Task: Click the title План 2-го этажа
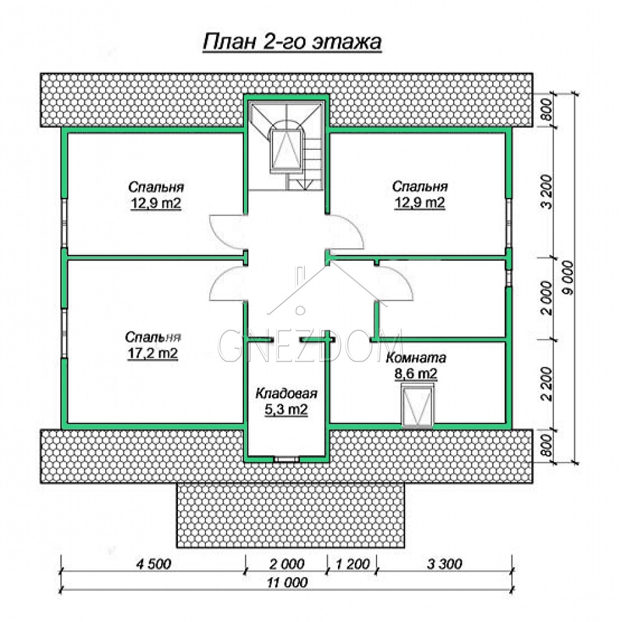[x=292, y=41]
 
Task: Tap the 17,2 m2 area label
[x=152, y=353]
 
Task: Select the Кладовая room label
[x=286, y=393]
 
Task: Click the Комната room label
[x=416, y=358]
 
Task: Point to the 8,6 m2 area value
[x=416, y=373]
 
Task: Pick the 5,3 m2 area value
[x=286, y=409]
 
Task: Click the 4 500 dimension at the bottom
[x=154, y=564]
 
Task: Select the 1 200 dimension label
[x=353, y=564]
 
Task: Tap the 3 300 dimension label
[x=444, y=564]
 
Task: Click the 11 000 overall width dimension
[x=287, y=582]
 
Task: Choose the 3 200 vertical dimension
[x=546, y=192]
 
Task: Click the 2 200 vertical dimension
[x=546, y=384]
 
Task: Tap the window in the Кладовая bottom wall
[x=286, y=460]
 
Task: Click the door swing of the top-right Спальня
[x=345, y=233]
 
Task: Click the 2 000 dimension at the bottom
[x=287, y=564]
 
